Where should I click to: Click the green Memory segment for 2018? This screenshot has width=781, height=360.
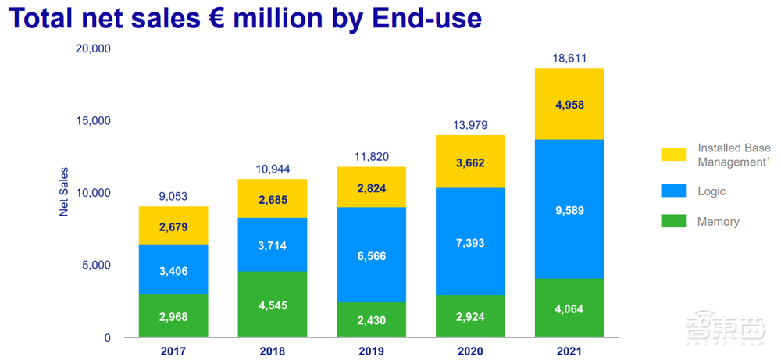click(x=273, y=305)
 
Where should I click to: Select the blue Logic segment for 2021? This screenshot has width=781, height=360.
click(x=569, y=209)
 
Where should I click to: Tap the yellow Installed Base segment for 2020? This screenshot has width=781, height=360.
click(x=469, y=162)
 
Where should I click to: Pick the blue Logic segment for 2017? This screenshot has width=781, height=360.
click(x=174, y=270)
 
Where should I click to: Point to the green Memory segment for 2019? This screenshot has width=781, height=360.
click(x=371, y=319)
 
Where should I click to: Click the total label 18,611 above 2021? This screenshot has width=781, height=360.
click(x=569, y=59)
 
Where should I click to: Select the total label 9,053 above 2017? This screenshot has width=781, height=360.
click(x=173, y=197)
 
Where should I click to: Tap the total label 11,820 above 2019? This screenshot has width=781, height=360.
click(x=371, y=156)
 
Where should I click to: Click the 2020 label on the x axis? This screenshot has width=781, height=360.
click(x=469, y=352)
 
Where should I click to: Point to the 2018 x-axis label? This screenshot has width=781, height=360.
click(x=273, y=352)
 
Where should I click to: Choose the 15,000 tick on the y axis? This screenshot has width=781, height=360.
click(x=95, y=121)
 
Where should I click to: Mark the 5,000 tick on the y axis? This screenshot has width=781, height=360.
click(x=98, y=266)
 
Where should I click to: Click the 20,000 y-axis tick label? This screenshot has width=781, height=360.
click(x=95, y=48)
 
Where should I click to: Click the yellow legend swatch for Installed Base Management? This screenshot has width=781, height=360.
click(x=672, y=155)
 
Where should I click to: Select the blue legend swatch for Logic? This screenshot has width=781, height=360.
click(x=672, y=191)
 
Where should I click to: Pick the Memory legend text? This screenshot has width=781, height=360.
click(x=718, y=222)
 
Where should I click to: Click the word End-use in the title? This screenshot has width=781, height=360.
click(x=423, y=18)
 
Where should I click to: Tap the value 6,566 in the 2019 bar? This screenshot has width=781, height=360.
click(x=371, y=255)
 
